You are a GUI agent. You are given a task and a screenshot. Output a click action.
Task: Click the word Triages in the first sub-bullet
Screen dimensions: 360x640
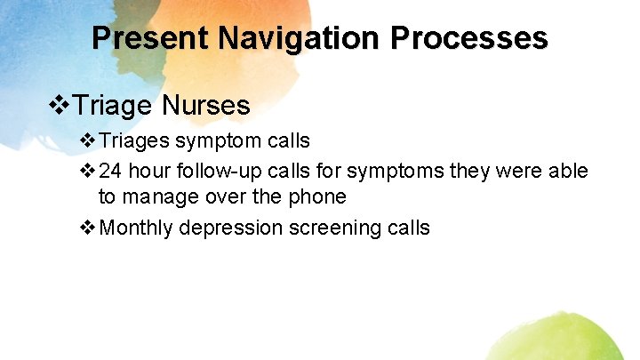(136, 140)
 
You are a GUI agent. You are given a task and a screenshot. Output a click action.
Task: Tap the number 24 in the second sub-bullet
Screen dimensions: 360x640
(113, 171)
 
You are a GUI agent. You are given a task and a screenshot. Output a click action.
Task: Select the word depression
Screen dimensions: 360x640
(230, 228)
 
